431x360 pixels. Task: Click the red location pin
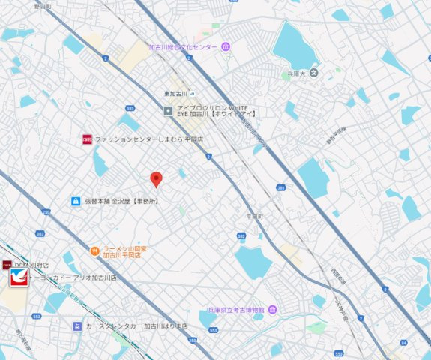(x=156, y=178)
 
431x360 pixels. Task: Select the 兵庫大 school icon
(x=314, y=73)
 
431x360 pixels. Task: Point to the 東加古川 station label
(x=175, y=93)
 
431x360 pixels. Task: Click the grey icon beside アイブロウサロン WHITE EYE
(x=169, y=110)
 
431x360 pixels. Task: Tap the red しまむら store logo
(x=87, y=139)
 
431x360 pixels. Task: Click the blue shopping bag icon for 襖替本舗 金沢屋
(x=76, y=201)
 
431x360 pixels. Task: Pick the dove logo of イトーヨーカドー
(x=19, y=278)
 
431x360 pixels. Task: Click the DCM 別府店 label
(x=31, y=265)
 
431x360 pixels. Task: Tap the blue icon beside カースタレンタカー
(x=76, y=326)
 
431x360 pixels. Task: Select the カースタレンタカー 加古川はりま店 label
(x=132, y=327)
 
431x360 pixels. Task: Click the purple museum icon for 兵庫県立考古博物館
(x=272, y=309)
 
